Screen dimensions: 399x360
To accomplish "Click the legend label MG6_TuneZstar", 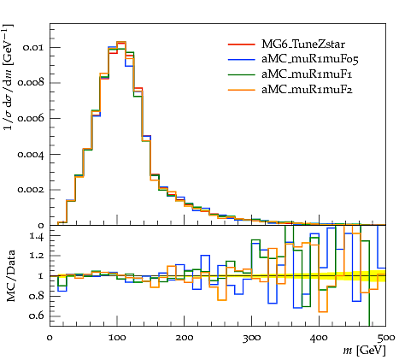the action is [x=303, y=44].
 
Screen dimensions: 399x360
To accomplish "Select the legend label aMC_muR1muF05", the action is [x=310, y=59].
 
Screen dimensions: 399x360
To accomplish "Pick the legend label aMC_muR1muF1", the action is [x=307, y=74].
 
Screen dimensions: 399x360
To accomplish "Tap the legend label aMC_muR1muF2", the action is [x=307, y=90].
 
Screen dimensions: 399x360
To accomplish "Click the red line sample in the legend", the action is [x=241, y=44].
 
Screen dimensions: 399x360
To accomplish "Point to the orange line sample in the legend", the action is [x=241, y=90].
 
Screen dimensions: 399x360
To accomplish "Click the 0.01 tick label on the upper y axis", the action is [x=33, y=47].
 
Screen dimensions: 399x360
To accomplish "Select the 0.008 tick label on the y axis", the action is [x=31, y=83].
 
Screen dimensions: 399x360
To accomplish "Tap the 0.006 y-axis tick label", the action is [x=31, y=118].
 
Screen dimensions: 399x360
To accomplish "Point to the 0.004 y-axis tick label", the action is [x=31, y=154].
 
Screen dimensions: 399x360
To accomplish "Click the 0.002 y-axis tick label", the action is [x=31, y=190].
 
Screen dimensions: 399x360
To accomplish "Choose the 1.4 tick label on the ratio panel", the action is [x=37, y=236].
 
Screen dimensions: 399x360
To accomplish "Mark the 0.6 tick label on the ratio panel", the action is [x=37, y=316].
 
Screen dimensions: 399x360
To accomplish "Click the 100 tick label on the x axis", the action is [x=117, y=338].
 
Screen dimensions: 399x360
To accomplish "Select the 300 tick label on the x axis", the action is [x=251, y=338].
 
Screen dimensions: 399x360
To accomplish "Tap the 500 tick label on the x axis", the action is [x=386, y=338].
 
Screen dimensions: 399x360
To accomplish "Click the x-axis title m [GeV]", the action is [x=364, y=350].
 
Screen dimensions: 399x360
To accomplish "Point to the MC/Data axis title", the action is [x=10, y=275].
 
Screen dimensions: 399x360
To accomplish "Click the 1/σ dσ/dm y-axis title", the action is [x=9, y=77].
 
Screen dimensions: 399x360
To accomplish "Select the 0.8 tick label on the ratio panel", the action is [x=37, y=296].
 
